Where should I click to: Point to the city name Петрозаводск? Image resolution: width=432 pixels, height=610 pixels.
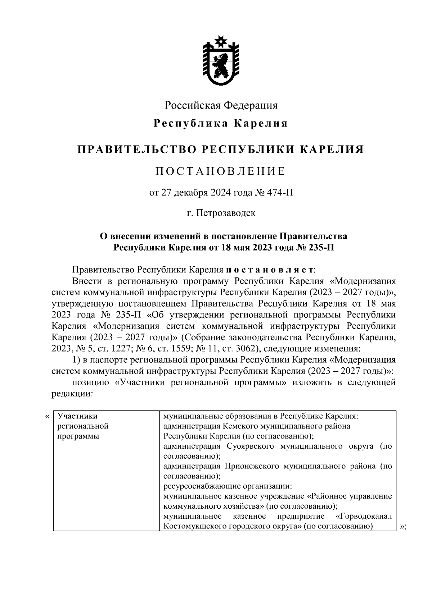click(226, 213)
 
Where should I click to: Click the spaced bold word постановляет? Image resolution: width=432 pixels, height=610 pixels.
click(270, 270)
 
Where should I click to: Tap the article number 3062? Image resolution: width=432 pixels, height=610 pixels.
click(242, 348)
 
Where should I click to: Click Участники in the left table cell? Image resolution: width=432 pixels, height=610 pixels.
click(77, 416)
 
